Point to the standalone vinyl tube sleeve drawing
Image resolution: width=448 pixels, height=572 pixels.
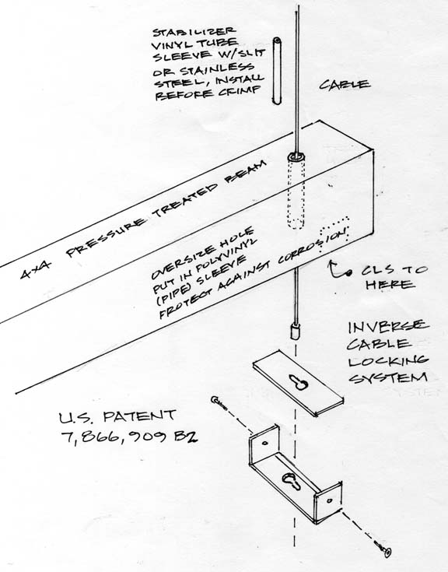[x=275, y=71]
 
